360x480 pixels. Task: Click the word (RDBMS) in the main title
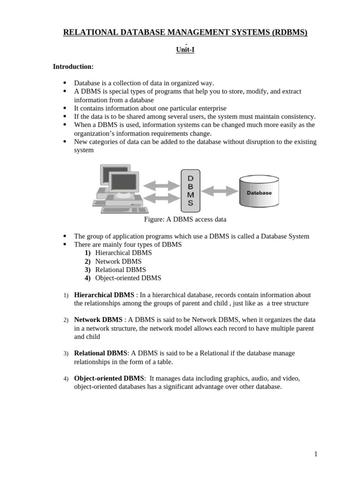click(285, 32)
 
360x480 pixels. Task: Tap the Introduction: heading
click(73, 67)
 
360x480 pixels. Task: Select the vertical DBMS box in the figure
click(190, 191)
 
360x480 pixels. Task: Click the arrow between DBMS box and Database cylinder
click(219, 191)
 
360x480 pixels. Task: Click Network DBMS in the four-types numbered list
click(118, 261)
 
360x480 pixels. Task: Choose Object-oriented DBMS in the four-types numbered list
click(128, 278)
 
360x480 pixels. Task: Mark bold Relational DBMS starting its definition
click(101, 353)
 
